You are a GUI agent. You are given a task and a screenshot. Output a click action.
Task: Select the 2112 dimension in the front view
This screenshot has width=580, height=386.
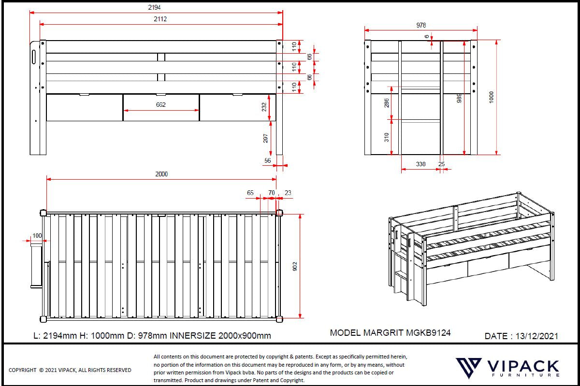161,19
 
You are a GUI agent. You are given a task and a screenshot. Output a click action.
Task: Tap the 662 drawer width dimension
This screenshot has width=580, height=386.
161,105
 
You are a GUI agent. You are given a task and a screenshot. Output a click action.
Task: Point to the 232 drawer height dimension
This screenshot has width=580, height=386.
264,107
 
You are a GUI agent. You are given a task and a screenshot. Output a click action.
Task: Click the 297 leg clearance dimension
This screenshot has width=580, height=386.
264,138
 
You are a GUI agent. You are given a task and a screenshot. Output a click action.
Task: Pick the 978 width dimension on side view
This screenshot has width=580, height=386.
420,25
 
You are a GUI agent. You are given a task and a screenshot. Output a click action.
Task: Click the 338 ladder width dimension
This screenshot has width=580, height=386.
420,164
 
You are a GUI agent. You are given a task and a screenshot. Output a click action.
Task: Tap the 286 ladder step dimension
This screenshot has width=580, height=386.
387,103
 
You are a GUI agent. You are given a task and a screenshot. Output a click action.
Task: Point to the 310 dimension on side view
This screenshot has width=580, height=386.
387,137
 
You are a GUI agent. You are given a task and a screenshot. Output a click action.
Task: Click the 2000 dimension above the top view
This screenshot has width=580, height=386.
161,174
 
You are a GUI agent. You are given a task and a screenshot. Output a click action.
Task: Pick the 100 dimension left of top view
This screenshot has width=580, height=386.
37,235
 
